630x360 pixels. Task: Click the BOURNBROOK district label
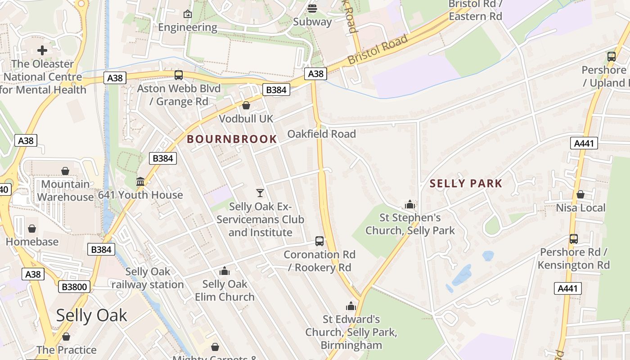(x=232, y=139)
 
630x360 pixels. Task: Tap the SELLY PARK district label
(x=466, y=184)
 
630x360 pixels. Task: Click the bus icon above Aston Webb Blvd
(x=179, y=75)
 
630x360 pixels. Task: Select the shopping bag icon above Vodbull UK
(x=246, y=106)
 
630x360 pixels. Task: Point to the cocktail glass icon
(x=260, y=193)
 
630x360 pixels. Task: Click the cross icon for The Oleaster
(x=42, y=50)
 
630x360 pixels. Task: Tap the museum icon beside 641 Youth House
(x=140, y=182)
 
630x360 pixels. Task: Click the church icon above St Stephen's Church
(x=409, y=205)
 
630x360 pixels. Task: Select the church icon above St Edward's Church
(x=351, y=306)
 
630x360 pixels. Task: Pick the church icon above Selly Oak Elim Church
(x=224, y=271)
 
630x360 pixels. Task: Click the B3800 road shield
(x=74, y=287)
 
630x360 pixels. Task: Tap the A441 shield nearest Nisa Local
(x=585, y=144)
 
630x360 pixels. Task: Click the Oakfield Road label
(x=321, y=134)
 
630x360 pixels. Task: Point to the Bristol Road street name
(x=378, y=49)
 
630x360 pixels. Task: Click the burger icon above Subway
(x=312, y=9)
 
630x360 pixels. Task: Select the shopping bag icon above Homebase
(x=32, y=229)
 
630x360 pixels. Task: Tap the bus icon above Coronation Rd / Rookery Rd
(x=319, y=241)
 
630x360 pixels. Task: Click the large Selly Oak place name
(x=92, y=315)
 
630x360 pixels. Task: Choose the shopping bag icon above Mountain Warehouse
(x=65, y=171)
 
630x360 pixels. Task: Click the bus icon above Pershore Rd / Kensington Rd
(x=574, y=238)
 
